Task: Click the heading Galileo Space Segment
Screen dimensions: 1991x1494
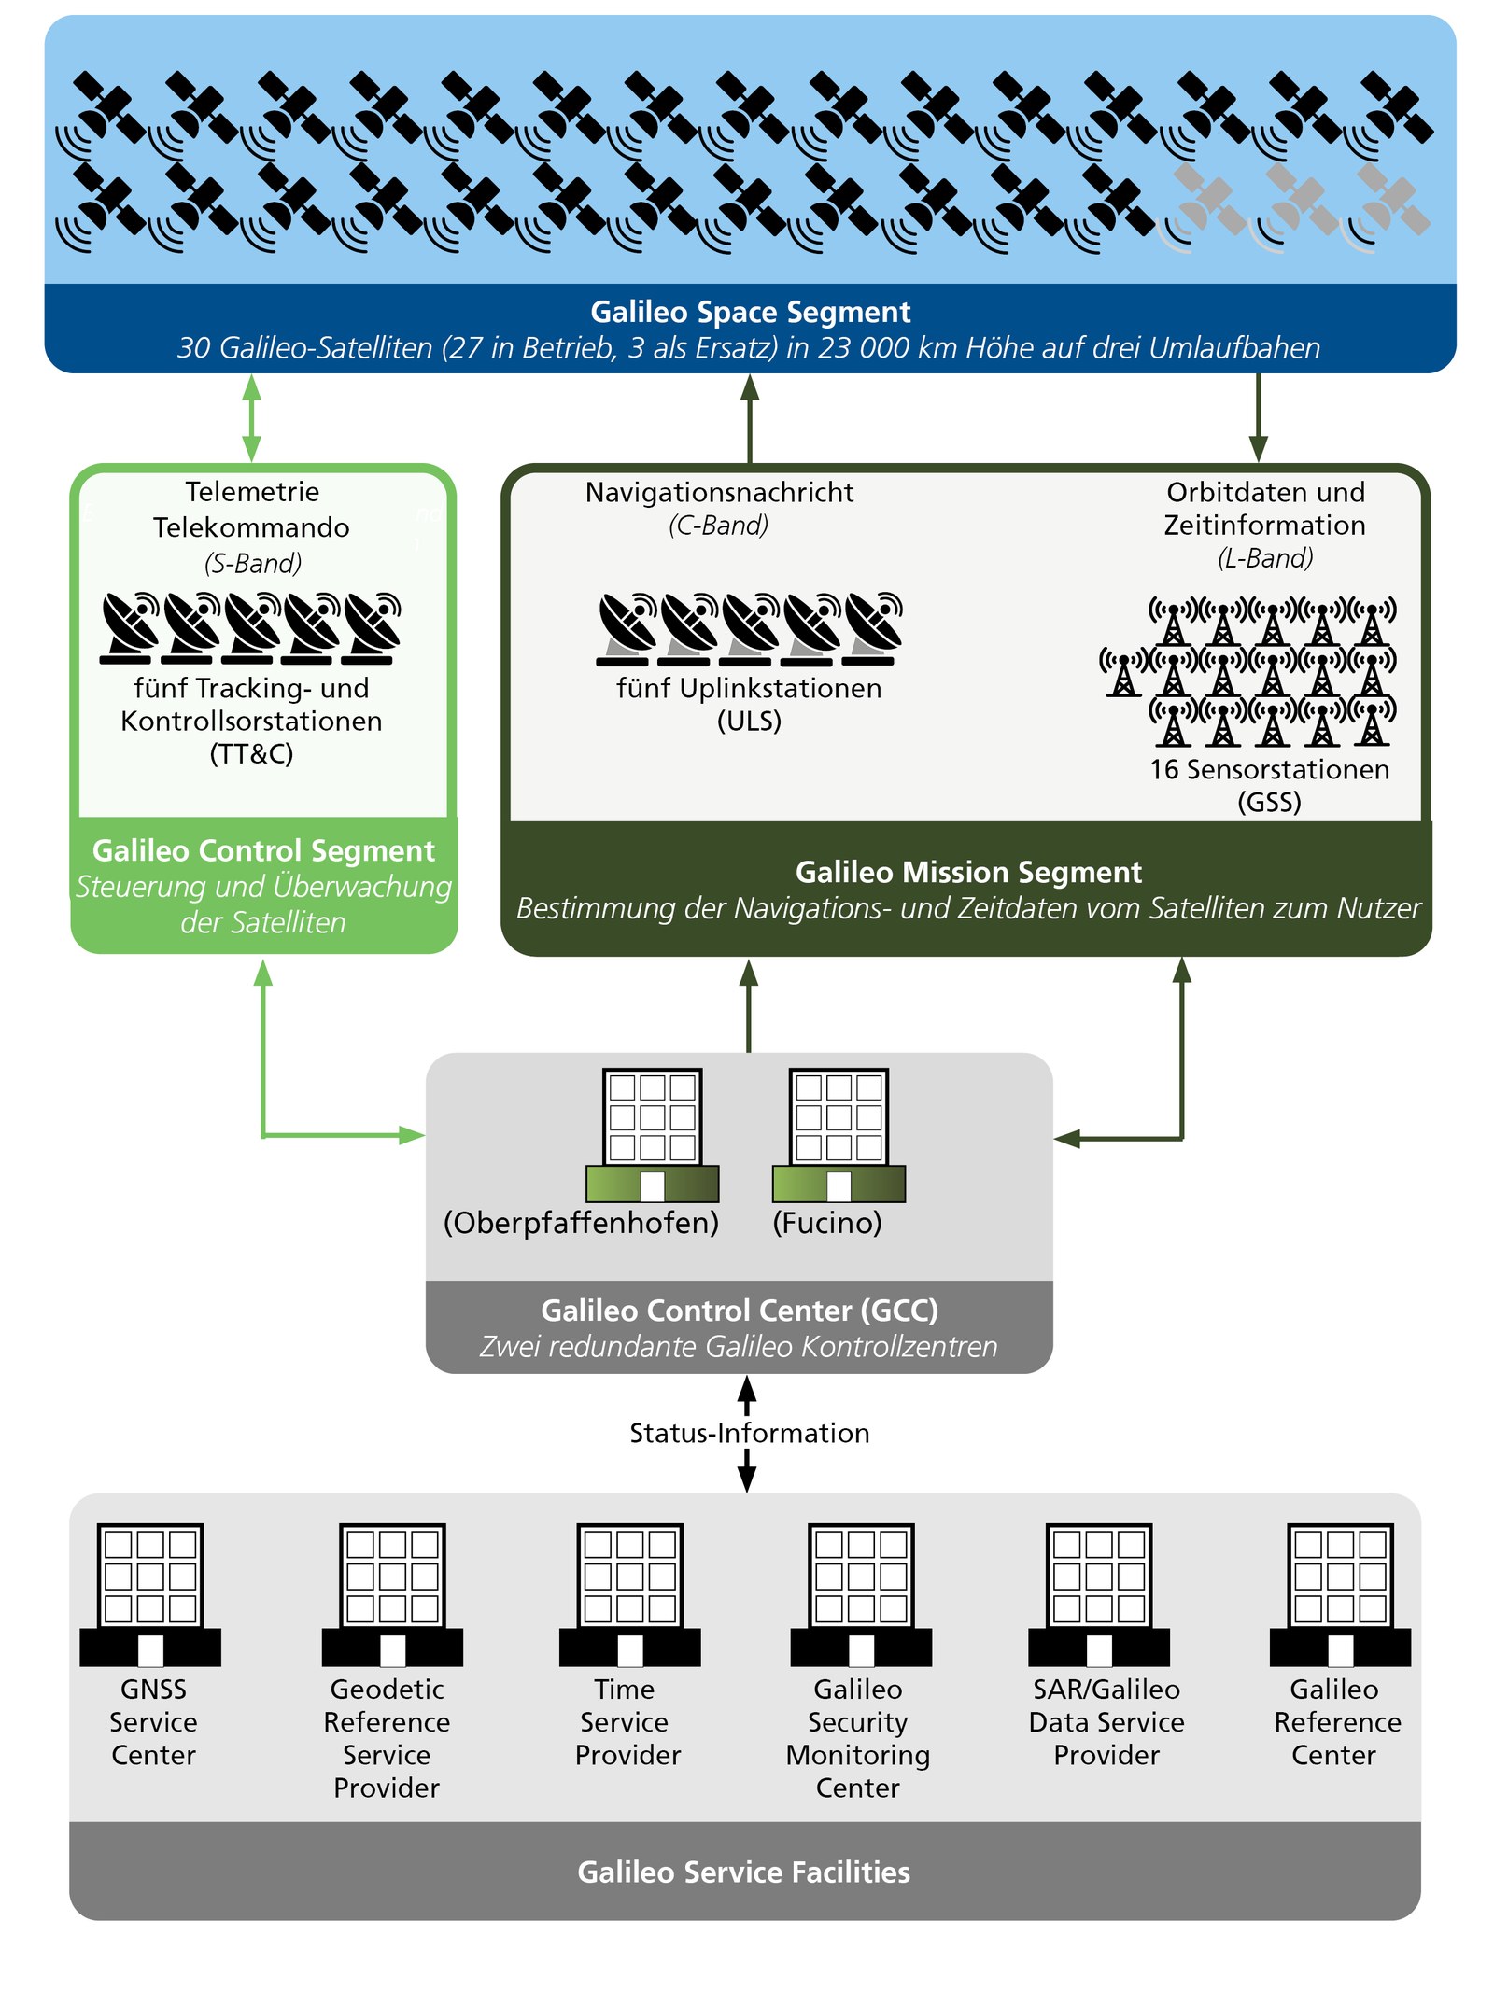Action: tap(750, 312)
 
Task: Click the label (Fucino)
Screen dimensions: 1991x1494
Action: tap(826, 1222)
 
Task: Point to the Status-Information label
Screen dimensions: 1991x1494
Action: tap(749, 1433)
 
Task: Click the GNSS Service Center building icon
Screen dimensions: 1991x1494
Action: tap(150, 1594)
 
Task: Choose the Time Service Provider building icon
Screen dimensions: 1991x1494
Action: tap(629, 1594)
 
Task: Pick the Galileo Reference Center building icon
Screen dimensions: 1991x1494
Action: tap(1339, 1594)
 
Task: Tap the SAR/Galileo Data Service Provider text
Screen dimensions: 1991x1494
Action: tap(1106, 1721)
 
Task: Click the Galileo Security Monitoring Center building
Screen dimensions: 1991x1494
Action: tap(860, 1594)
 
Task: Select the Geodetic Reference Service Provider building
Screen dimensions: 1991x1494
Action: tap(392, 1594)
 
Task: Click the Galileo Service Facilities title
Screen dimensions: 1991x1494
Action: tap(743, 1872)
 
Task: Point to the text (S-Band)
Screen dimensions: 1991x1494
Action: tap(253, 563)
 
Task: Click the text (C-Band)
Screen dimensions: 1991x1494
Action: tap(718, 525)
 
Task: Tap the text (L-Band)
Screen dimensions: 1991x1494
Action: tap(1265, 558)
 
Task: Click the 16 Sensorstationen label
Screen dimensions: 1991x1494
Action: tap(1269, 769)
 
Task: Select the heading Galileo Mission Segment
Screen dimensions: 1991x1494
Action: tap(968, 872)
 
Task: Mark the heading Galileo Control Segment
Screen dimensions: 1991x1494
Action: tap(263, 850)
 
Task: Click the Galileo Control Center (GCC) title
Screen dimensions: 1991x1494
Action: tap(739, 1311)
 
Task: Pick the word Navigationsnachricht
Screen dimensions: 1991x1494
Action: tap(719, 492)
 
